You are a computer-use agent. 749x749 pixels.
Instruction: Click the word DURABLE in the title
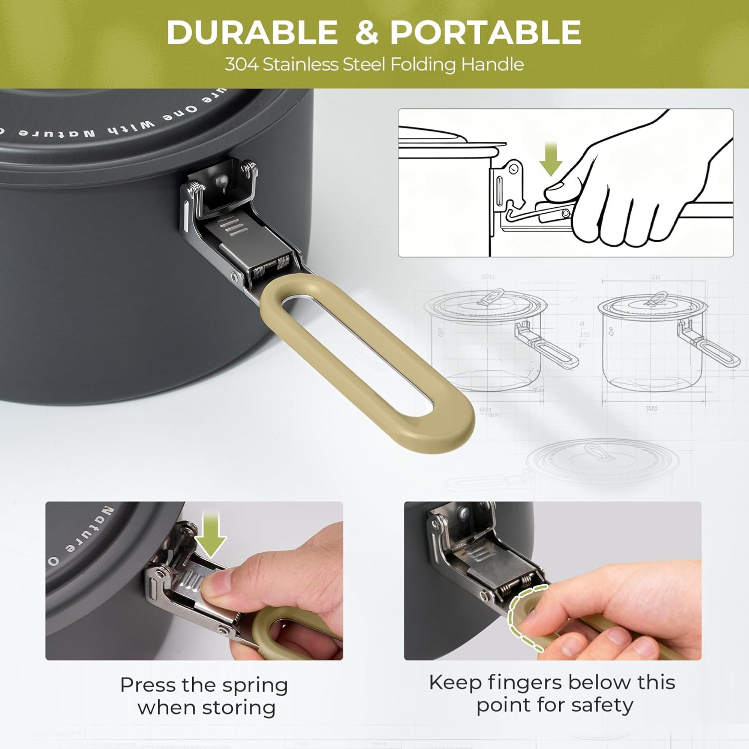point(252,32)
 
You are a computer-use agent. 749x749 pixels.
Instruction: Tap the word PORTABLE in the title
point(486,32)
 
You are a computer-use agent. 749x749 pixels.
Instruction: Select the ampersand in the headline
point(367,33)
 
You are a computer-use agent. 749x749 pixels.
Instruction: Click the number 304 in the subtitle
point(241,64)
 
